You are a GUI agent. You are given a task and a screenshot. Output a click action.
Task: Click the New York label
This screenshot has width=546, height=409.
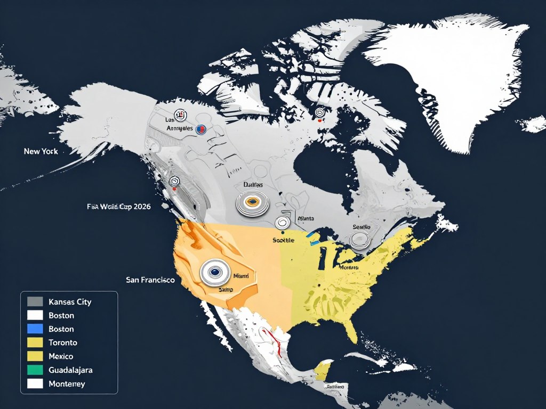point(41,151)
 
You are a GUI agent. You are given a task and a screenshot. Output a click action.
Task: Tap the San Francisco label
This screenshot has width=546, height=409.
point(150,279)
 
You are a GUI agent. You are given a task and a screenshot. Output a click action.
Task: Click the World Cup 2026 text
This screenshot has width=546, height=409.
point(118,207)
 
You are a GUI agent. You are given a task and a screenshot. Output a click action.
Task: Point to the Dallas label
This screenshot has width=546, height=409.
point(253,184)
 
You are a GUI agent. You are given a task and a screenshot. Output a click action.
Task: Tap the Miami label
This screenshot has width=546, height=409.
point(241,276)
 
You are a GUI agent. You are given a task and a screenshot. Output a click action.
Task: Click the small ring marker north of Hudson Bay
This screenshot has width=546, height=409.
point(320,112)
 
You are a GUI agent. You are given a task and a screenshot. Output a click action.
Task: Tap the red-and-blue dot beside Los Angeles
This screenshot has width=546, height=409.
point(201,128)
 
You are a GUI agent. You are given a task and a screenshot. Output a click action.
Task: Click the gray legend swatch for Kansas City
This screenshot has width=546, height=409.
point(35,301)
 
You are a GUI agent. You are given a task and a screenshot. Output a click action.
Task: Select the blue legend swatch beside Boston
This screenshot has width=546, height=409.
point(35,329)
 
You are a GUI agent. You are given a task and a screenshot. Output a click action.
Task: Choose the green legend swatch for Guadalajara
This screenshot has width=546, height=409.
point(35,370)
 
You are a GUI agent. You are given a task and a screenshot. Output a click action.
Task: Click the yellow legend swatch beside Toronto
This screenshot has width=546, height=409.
point(35,342)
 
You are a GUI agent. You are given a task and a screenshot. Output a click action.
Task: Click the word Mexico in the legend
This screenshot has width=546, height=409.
point(61,356)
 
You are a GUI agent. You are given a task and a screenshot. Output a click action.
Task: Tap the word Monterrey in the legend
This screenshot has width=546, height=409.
point(67,383)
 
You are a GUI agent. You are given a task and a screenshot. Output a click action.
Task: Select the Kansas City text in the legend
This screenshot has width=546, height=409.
point(70,302)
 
